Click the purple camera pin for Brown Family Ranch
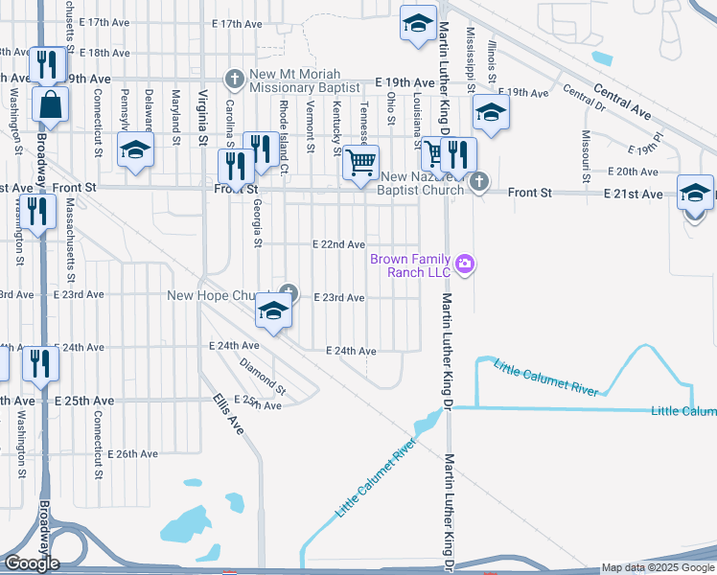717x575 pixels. point(466,264)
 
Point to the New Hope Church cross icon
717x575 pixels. point(288,292)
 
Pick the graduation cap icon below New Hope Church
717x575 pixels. point(273,312)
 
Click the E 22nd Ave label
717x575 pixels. point(338,245)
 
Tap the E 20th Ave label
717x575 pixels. point(633,172)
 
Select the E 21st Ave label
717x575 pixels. point(634,194)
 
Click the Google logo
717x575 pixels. point(32,563)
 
